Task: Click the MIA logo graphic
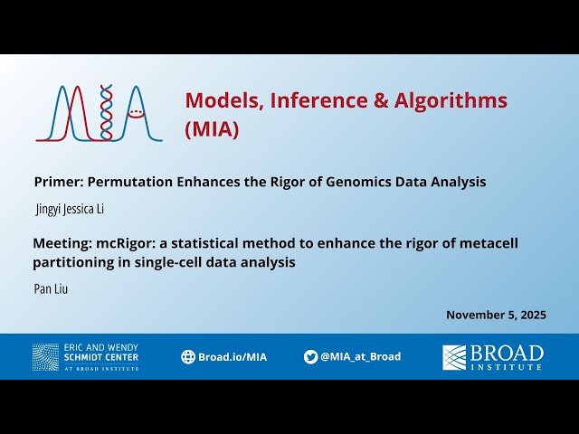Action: pos(100,114)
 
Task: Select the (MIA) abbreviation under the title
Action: pos(213,129)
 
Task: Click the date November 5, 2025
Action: pos(496,315)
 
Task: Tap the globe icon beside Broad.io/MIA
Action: pos(188,357)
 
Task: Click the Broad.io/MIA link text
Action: pos(233,357)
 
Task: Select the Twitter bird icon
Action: pos(311,357)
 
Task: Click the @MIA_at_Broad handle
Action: pos(360,357)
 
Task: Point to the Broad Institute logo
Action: pos(493,357)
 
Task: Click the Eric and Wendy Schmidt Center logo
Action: pos(85,357)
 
